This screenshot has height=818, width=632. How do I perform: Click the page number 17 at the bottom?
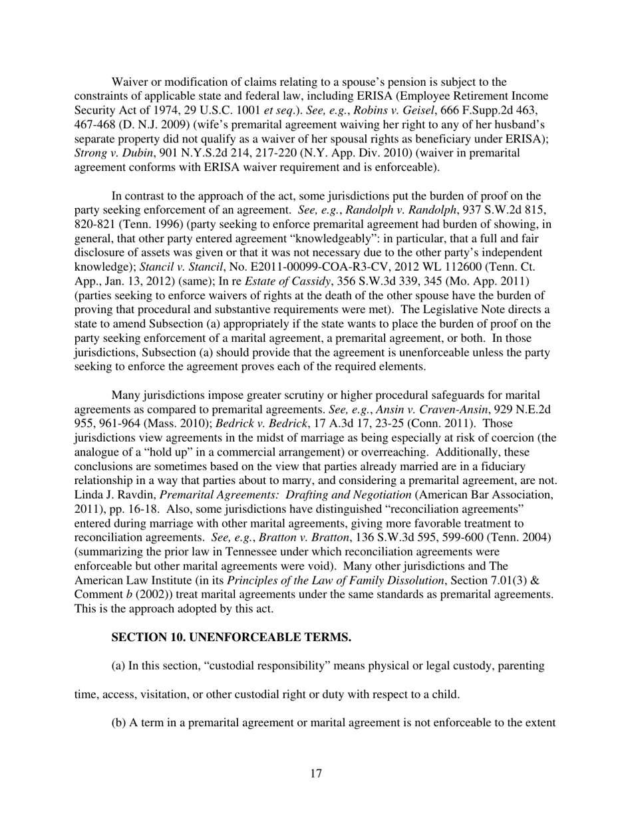pyautogui.click(x=316, y=773)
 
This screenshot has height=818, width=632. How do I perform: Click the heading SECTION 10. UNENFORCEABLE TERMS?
pyautogui.click(x=231, y=637)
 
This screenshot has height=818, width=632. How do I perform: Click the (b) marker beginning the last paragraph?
pyautogui.click(x=118, y=723)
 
